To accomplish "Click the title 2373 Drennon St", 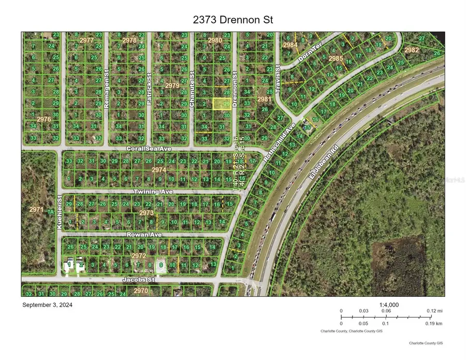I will coord(232,20).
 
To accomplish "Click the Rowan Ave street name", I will coord(144,234).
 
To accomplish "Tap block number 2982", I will coord(412,50).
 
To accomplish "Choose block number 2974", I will coord(159,169).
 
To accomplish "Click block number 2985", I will coord(336,59).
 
